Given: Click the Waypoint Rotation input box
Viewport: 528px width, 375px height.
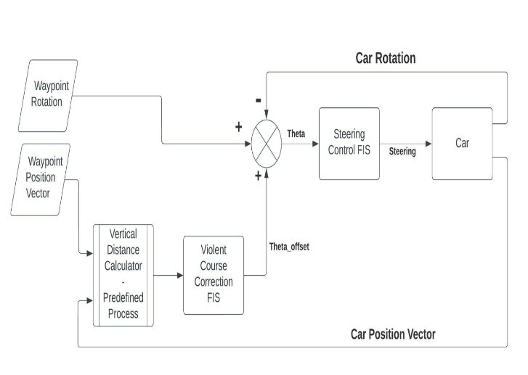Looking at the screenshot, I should [47, 96].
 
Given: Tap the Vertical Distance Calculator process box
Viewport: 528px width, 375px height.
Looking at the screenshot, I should [123, 275].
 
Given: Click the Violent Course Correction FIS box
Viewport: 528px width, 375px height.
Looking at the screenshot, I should [213, 275].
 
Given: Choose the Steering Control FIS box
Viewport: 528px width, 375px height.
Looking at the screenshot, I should [349, 144].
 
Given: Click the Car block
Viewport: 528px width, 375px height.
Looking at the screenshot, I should [462, 144].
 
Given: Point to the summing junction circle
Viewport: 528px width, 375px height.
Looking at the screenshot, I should [266, 144].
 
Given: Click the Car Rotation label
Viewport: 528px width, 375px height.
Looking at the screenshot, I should [385, 58].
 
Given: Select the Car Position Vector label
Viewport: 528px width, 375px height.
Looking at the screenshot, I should [393, 334].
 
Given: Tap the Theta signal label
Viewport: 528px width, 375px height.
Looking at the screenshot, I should [296, 134].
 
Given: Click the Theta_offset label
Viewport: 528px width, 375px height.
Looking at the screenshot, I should [289, 247].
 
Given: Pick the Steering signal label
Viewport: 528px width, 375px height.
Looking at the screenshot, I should [402, 152].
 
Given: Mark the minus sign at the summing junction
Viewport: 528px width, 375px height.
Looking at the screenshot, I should [259, 100].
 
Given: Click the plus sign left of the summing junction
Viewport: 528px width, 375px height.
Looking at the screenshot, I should [238, 128].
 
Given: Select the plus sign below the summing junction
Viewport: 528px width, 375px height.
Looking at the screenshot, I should [258, 176].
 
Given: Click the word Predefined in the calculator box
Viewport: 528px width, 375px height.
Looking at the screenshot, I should [123, 297].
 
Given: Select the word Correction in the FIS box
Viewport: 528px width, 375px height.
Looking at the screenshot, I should [214, 281].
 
